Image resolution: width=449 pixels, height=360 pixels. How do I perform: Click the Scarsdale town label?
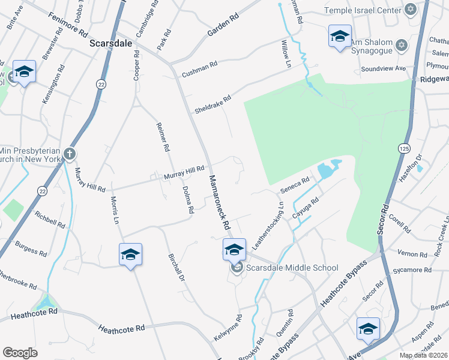tap(110, 44)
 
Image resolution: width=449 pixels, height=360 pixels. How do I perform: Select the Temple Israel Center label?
tap(362, 10)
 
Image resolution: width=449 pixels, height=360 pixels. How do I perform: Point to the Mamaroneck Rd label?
tap(220, 203)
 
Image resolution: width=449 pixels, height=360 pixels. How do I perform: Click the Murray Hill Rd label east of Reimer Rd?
tap(185, 173)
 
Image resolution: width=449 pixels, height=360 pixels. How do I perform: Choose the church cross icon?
tap(70, 154)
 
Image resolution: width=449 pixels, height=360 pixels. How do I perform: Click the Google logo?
tap(20, 352)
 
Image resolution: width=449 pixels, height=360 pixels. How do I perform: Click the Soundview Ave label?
tap(383, 69)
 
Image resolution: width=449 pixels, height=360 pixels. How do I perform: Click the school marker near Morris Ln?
tap(130, 255)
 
